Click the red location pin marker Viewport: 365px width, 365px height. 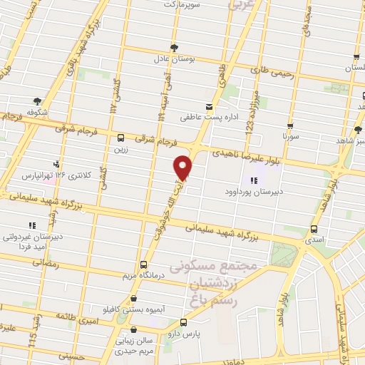[184, 166]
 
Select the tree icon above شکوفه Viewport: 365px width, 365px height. [37, 101]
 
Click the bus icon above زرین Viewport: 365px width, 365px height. [120, 138]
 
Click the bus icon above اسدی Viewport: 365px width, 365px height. [314, 230]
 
